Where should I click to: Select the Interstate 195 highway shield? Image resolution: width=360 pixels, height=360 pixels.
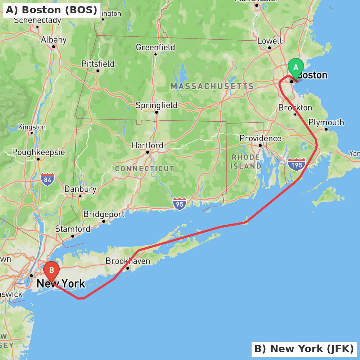297,165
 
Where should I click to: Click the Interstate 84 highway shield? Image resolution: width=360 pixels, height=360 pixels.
48,179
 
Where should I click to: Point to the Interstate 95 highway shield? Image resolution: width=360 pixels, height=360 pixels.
179,204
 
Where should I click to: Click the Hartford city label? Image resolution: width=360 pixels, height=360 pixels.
147,145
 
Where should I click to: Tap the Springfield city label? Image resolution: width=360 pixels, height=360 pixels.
156,105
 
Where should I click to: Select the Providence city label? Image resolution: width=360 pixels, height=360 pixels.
260,138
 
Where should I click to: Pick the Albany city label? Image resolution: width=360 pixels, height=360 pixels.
54,40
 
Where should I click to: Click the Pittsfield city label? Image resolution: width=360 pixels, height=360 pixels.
98,64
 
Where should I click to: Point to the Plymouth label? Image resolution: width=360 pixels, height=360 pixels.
326,122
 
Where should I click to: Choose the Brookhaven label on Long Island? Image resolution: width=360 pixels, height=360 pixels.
128,261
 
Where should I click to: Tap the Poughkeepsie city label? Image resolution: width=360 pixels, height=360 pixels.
39,152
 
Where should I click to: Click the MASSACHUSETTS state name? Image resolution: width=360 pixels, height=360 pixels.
212,86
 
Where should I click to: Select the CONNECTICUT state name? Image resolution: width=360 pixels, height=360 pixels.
144,168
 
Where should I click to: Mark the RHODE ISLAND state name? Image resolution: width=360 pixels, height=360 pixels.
246,162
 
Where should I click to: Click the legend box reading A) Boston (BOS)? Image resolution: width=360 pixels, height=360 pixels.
51,10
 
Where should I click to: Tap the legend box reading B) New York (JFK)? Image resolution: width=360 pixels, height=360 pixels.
304,349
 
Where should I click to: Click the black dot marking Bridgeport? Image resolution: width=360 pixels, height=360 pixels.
104,221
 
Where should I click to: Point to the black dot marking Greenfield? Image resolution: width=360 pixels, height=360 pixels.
156,54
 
